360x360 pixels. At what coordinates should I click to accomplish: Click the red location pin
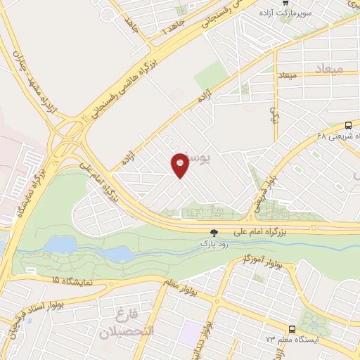(180, 165)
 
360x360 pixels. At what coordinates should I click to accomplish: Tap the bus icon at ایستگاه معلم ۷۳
(291, 330)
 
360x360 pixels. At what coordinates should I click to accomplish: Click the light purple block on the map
(188, 333)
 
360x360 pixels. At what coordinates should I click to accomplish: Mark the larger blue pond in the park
(62, 244)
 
